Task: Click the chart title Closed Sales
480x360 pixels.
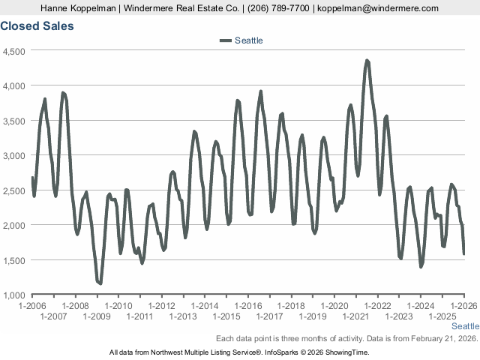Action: (x=37, y=25)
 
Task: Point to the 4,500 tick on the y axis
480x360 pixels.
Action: (x=15, y=51)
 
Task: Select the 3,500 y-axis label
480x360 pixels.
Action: (x=15, y=121)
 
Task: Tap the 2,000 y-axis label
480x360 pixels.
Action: (x=15, y=225)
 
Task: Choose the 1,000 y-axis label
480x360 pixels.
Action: (x=15, y=295)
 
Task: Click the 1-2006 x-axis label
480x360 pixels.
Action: (x=32, y=306)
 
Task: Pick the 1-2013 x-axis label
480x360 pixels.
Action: (x=184, y=316)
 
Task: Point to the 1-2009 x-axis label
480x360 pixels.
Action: (x=97, y=316)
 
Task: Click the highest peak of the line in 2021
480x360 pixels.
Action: (x=367, y=61)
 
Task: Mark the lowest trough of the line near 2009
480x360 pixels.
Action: (x=100, y=283)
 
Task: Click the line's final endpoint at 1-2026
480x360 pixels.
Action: (x=464, y=253)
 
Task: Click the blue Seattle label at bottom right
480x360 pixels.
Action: (x=465, y=326)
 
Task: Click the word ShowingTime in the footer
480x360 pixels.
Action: (x=346, y=352)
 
